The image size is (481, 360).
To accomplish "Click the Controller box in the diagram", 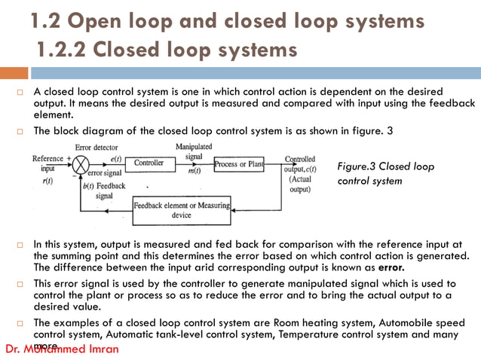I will (x=149, y=163).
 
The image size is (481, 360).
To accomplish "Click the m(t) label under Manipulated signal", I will (x=193, y=171).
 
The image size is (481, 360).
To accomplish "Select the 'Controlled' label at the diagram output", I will (x=300, y=160).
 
